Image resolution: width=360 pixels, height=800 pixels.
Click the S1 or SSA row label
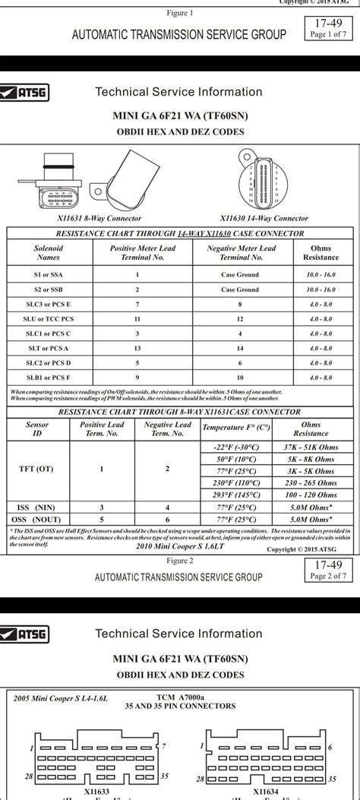[x=49, y=275]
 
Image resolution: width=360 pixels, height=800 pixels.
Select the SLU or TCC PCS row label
[x=49, y=319]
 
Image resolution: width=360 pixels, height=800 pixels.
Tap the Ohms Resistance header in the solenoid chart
[x=321, y=252]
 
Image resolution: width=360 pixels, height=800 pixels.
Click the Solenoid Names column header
[x=49, y=252]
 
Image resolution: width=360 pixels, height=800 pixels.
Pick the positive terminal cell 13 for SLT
[x=137, y=348]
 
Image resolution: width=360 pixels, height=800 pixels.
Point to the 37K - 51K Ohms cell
[x=311, y=447]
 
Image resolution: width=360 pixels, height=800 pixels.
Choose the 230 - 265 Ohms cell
[x=311, y=482]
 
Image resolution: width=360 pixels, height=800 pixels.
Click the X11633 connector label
[x=96, y=791]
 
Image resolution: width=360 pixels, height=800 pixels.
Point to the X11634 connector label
[x=267, y=791]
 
